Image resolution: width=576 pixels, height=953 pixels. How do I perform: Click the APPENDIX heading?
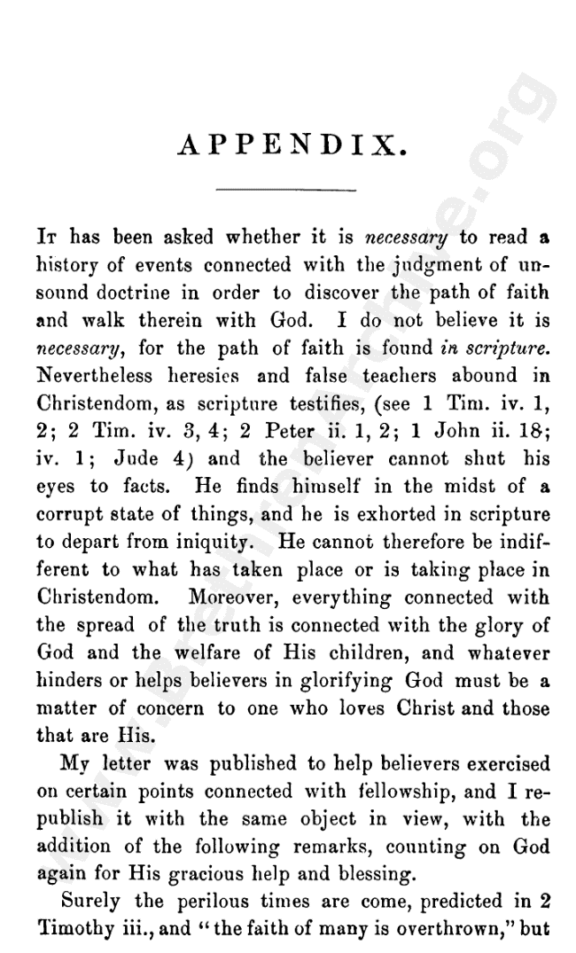click(292, 145)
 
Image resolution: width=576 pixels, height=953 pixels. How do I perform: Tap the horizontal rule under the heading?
click(285, 189)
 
